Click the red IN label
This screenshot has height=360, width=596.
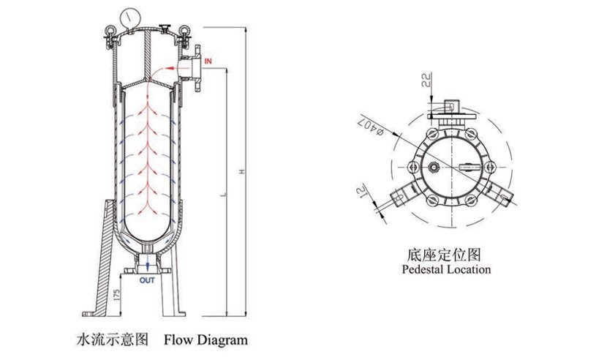pos(208,60)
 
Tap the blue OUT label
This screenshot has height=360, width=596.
pos(148,279)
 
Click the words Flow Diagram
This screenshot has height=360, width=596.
pos(205,340)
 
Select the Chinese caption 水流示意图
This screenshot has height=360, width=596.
pos(112,340)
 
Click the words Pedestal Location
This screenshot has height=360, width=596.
pos(446,269)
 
